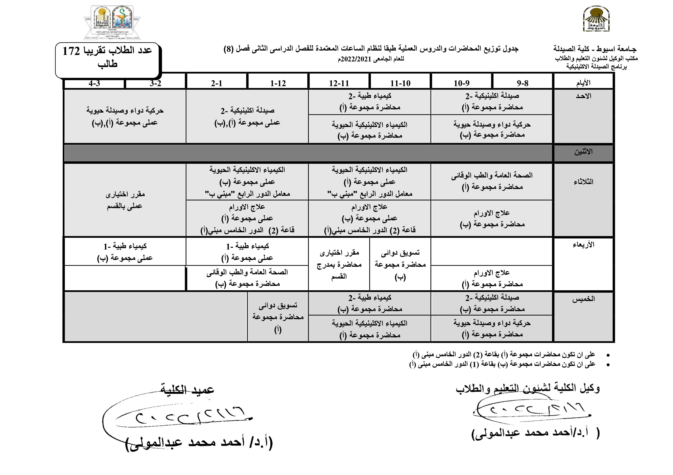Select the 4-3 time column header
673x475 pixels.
[94, 83]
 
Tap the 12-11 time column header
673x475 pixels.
[339, 83]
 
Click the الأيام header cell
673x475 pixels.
[583, 83]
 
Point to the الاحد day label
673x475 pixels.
[583, 96]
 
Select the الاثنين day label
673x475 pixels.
[583, 152]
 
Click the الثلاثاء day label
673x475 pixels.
[583, 182]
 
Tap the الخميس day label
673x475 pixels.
[583, 299]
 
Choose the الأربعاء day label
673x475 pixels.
[583, 245]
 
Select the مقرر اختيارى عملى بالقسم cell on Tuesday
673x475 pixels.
[125, 200]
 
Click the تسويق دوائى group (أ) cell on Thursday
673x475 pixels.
[278, 317]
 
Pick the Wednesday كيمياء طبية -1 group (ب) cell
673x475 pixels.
[125, 252]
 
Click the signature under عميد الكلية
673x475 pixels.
[188, 417]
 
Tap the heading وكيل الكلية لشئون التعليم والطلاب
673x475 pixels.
[528, 388]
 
